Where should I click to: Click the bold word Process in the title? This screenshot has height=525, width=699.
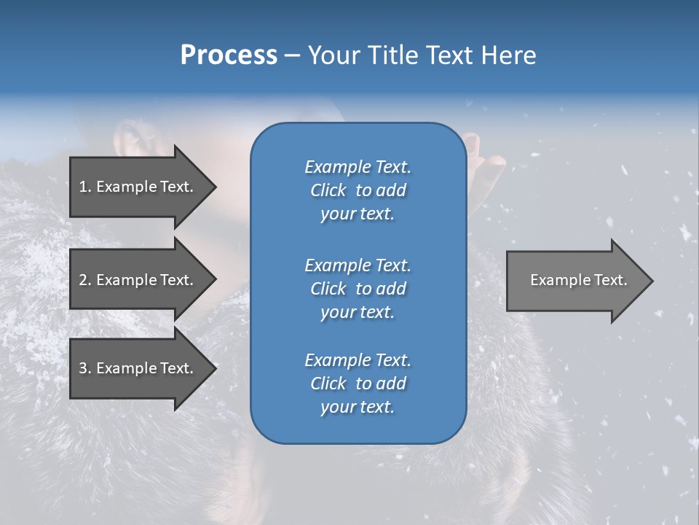click(229, 55)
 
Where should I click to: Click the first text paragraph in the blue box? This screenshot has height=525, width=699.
click(358, 190)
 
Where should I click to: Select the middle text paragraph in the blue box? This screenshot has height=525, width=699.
click(358, 288)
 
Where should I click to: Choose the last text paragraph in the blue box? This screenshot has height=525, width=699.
click(358, 384)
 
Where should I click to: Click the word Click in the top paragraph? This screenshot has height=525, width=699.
click(328, 190)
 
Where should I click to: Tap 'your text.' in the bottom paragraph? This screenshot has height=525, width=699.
click(358, 408)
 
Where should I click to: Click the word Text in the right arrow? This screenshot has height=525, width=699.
click(611, 280)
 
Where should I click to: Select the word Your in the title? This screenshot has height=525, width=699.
click(331, 55)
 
